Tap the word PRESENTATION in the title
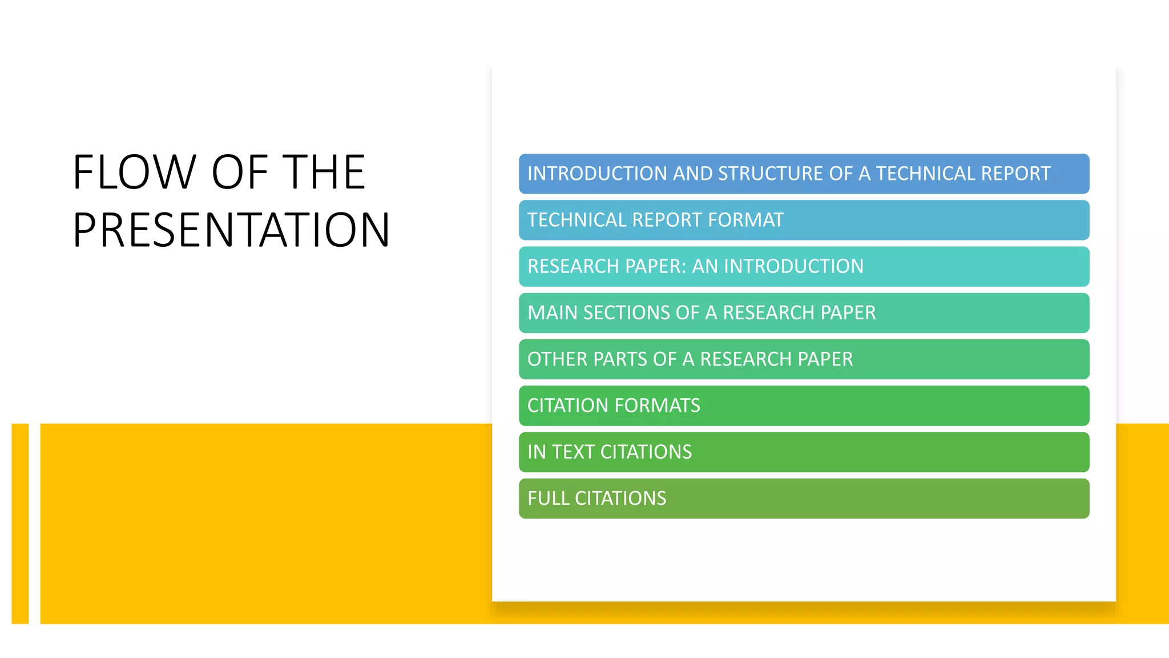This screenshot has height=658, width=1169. (x=231, y=230)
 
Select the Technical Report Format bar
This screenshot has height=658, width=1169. (x=804, y=220)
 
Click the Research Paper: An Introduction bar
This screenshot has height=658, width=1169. (x=804, y=267)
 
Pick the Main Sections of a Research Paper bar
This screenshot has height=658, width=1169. (x=804, y=313)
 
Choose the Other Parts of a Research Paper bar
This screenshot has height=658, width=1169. (x=804, y=359)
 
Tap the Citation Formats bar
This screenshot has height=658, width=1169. (x=804, y=406)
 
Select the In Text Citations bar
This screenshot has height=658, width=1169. (x=804, y=452)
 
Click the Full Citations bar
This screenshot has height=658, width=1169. (x=804, y=499)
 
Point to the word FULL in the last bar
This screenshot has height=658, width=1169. (x=548, y=499)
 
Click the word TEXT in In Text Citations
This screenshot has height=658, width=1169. (x=573, y=452)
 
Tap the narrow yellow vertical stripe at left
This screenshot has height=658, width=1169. (x=20, y=523)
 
